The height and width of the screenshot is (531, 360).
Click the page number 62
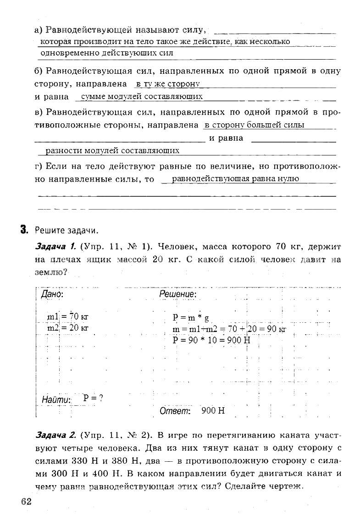pyautogui.click(x=26, y=501)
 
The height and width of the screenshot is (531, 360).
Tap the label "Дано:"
pyautogui.click(x=52, y=294)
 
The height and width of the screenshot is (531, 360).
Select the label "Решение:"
pyautogui.click(x=178, y=294)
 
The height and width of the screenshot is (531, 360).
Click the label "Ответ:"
pyautogui.click(x=175, y=411)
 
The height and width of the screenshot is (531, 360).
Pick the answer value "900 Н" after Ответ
pyautogui.click(x=213, y=411)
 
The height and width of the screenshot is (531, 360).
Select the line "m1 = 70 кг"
pyautogui.click(x=67, y=316)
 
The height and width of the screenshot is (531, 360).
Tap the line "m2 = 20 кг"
pyautogui.click(x=67, y=328)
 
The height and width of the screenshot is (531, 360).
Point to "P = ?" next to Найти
pyautogui.click(x=93, y=398)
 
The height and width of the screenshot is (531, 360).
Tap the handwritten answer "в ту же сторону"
pyautogui.click(x=168, y=84)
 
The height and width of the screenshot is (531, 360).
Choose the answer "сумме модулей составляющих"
pyautogui.click(x=141, y=97)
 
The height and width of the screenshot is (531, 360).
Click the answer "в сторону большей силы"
pyautogui.click(x=255, y=125)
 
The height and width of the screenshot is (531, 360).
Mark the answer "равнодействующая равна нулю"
pyautogui.click(x=235, y=179)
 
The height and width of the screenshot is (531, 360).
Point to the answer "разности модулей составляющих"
pyautogui.click(x=110, y=151)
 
